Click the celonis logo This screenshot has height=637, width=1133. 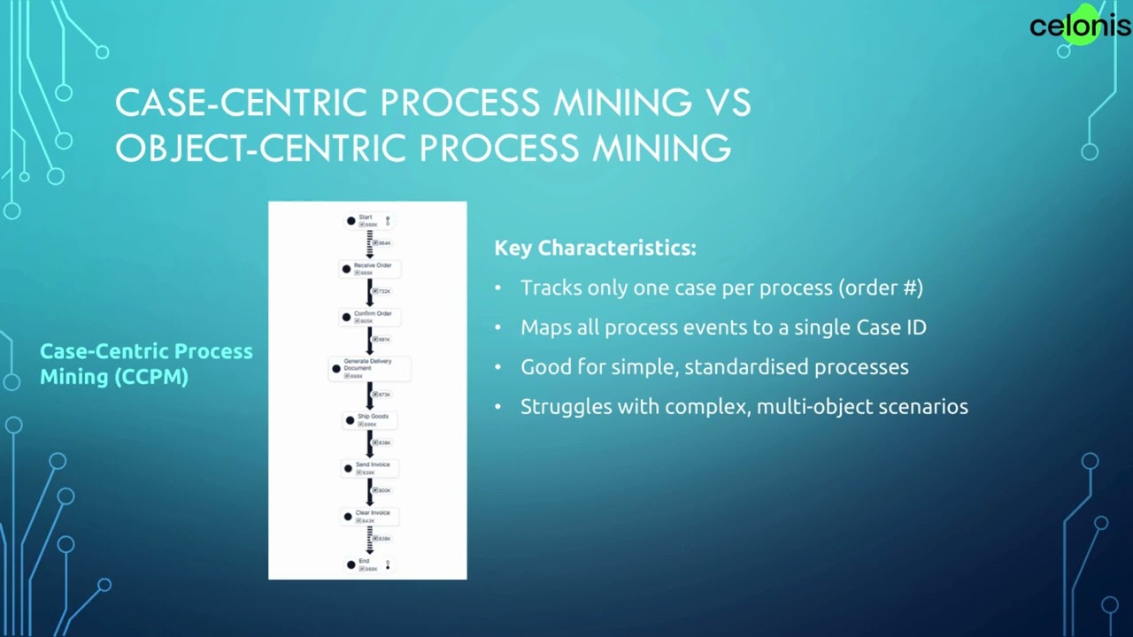1079,26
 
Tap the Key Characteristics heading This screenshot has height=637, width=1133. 595,248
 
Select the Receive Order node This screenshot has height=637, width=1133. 370,268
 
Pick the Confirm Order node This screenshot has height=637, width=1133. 370,317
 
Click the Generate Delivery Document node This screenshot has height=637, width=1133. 367,368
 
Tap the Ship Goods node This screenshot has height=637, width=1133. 370,419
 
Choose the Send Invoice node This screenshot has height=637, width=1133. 370,468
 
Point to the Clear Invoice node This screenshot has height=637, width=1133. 370,516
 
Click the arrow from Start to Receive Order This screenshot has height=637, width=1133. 370,244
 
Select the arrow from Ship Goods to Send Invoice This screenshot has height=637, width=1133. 370,443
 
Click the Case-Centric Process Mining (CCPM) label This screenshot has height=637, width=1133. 146,364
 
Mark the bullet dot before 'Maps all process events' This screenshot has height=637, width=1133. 497,327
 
